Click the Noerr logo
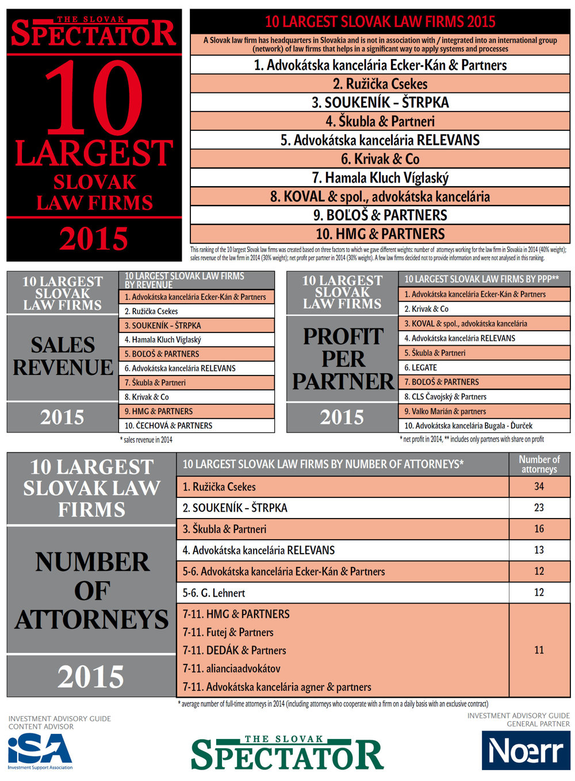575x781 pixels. pos(526,750)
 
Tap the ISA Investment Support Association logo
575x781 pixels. pos(40,751)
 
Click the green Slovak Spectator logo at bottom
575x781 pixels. pos(287,753)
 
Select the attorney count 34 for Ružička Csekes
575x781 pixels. pos(539,486)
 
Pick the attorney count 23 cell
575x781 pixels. pos(539,508)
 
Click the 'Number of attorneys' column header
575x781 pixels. pos(539,464)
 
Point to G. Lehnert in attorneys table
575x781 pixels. pos(214,593)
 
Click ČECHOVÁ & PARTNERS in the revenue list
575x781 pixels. pos(168,426)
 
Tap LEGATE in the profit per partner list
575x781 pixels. pos(421,368)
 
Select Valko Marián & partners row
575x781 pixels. pos(445,411)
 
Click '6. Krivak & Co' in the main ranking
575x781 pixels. pos(380,159)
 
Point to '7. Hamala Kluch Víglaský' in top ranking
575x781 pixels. pos(380,178)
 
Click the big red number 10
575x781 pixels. pos(93,98)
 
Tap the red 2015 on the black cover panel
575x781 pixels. pos(94,239)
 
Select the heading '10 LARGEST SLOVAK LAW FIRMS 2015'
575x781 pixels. pos(380,22)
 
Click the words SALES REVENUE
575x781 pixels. pos(63,356)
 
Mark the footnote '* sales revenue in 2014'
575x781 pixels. pos(146,440)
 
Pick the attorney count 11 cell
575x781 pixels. pos(539,650)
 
